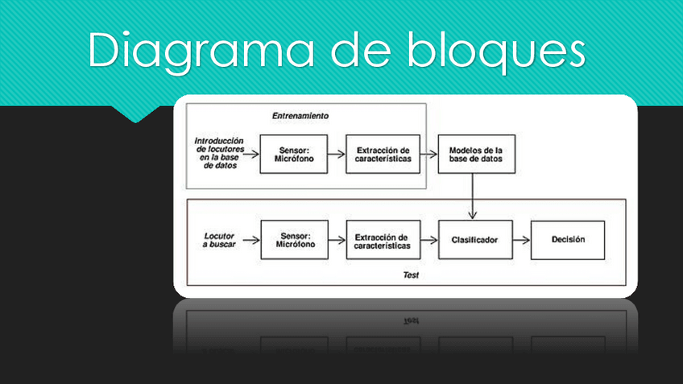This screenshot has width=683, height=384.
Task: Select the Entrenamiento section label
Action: pyautogui.click(x=300, y=116)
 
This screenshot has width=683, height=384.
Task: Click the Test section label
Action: pyautogui.click(x=411, y=275)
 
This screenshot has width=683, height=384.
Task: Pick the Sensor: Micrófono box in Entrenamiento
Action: pyautogui.click(x=294, y=154)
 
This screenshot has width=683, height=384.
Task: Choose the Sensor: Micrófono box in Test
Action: pyautogui.click(x=294, y=240)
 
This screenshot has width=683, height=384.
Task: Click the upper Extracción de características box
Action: pyautogui.click(x=383, y=154)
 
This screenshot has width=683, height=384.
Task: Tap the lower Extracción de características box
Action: pyautogui.click(x=383, y=240)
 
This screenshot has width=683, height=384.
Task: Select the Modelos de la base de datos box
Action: pyautogui.click(x=475, y=154)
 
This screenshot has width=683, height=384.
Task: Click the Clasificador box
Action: pyautogui.click(x=474, y=240)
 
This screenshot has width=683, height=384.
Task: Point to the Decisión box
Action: pyautogui.click(x=568, y=240)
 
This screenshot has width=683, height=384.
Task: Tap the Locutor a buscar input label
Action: pyautogui.click(x=218, y=240)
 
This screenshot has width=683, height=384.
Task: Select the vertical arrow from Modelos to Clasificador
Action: pyautogui.click(x=473, y=196)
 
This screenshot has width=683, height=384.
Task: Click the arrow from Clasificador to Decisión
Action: pyautogui.click(x=520, y=240)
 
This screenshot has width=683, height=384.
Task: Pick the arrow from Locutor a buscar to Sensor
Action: pyautogui.click(x=250, y=240)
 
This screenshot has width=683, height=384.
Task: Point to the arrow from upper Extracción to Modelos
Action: pyautogui.click(x=428, y=154)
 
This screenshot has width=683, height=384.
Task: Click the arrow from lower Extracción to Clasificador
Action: pyautogui.click(x=428, y=240)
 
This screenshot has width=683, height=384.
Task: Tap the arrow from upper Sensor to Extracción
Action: pyautogui.click(x=337, y=154)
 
